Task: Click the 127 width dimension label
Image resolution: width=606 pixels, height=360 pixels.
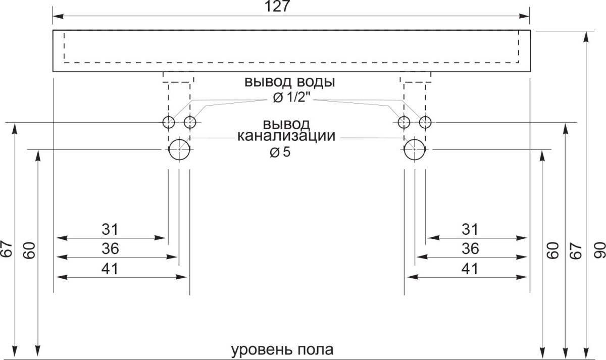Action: tap(277, 7)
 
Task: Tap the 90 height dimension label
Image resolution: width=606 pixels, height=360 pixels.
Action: tap(599, 250)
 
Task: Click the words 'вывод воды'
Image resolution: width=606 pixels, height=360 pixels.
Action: tap(290, 82)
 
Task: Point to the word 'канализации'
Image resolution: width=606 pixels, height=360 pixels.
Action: tap(286, 136)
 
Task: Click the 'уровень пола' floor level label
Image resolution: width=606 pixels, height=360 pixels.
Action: tap(282, 349)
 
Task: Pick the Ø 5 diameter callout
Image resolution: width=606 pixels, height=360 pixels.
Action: tap(280, 152)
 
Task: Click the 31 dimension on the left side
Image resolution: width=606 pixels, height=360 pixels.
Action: tap(110, 229)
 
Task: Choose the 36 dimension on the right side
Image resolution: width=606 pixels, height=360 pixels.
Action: tap(470, 248)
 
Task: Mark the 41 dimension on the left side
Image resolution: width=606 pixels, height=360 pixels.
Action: tap(110, 269)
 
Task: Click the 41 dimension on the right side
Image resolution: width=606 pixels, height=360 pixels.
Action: tap(470, 269)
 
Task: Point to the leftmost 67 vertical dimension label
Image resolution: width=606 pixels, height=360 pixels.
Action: tap(7, 248)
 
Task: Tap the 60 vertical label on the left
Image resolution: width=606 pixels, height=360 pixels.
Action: tap(29, 250)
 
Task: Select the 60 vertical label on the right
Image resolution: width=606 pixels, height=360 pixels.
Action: tap(553, 250)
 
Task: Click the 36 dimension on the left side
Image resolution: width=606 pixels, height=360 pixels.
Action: tap(110, 248)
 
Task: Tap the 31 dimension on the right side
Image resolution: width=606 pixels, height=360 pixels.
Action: tap(470, 229)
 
